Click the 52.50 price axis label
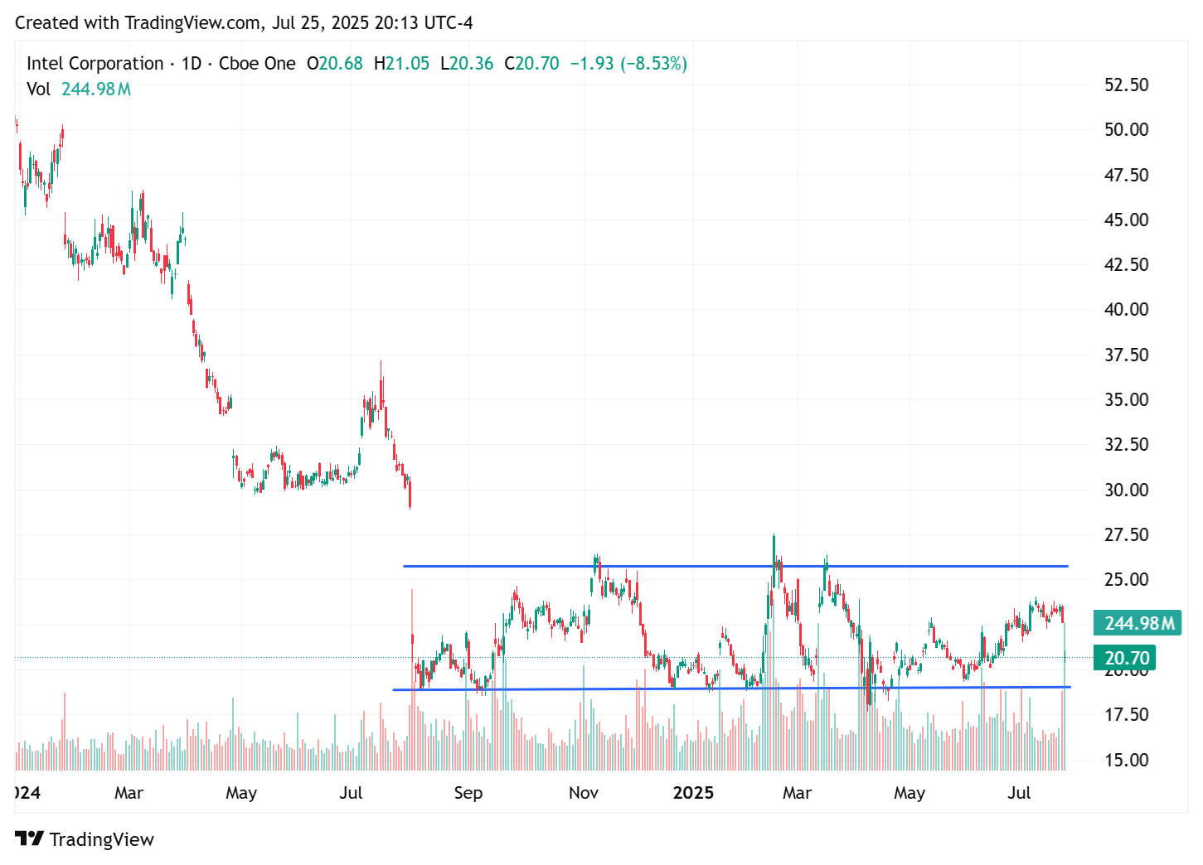tap(1126, 85)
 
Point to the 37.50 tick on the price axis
tap(1126, 355)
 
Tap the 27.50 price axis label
tap(1126, 534)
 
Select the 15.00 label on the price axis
tap(1126, 760)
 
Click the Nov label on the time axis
tap(583, 793)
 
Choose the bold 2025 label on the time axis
tap(693, 793)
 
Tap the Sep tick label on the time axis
tap(468, 793)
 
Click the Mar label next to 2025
tap(797, 793)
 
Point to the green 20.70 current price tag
tap(1126, 658)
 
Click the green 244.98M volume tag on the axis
tap(1138, 623)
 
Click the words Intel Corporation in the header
tap(95, 64)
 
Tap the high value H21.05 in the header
tap(401, 64)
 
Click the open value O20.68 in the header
tap(335, 64)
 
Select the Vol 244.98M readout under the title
tap(79, 89)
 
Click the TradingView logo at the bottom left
tap(85, 839)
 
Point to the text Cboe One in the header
tap(257, 64)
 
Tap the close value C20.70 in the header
tap(531, 64)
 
